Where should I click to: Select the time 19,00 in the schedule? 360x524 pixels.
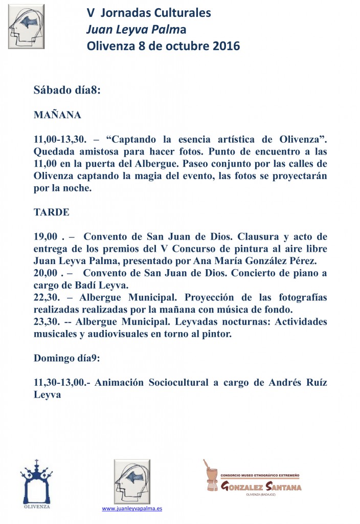pos(46,236)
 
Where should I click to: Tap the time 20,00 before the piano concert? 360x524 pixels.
pos(46,273)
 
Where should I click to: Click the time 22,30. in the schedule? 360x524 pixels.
pos(47,298)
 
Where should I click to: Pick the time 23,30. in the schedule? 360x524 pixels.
pos(47,322)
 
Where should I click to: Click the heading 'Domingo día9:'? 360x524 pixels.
pos(67,358)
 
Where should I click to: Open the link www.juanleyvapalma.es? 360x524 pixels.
pos(132,509)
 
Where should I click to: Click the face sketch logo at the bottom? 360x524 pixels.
pos(132,481)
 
